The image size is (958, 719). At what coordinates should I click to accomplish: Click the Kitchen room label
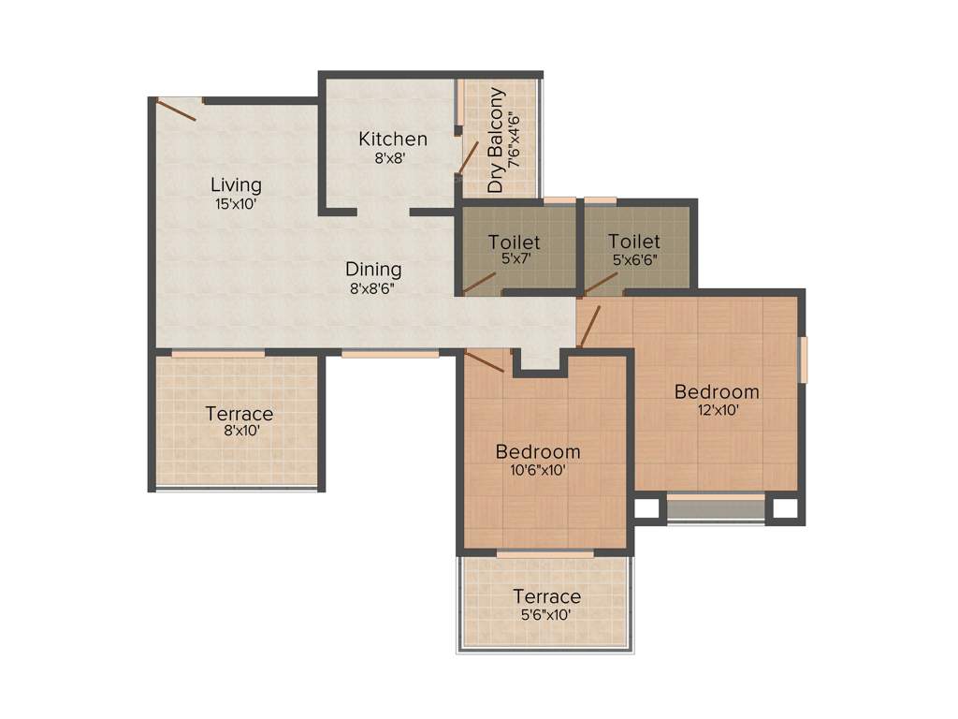[393, 139]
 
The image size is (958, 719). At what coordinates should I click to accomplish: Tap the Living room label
[236, 184]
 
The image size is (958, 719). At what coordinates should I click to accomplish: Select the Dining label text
[373, 270]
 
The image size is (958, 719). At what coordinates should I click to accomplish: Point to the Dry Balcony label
[496, 140]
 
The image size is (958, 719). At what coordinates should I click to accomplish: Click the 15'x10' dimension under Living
[236, 202]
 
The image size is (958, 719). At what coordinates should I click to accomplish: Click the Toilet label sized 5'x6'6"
[633, 242]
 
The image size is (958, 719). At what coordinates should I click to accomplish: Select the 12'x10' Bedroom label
[717, 391]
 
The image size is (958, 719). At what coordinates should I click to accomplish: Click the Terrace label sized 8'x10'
[239, 414]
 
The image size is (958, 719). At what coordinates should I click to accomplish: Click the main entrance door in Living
[177, 109]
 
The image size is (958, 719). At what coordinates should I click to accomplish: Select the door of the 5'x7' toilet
[479, 283]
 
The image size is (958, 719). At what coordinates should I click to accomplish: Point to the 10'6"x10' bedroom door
[484, 361]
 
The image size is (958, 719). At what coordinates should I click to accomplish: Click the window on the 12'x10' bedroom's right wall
[802, 359]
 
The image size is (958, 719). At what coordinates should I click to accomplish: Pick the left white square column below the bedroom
[646, 509]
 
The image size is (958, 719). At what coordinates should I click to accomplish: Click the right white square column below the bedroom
[784, 509]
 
